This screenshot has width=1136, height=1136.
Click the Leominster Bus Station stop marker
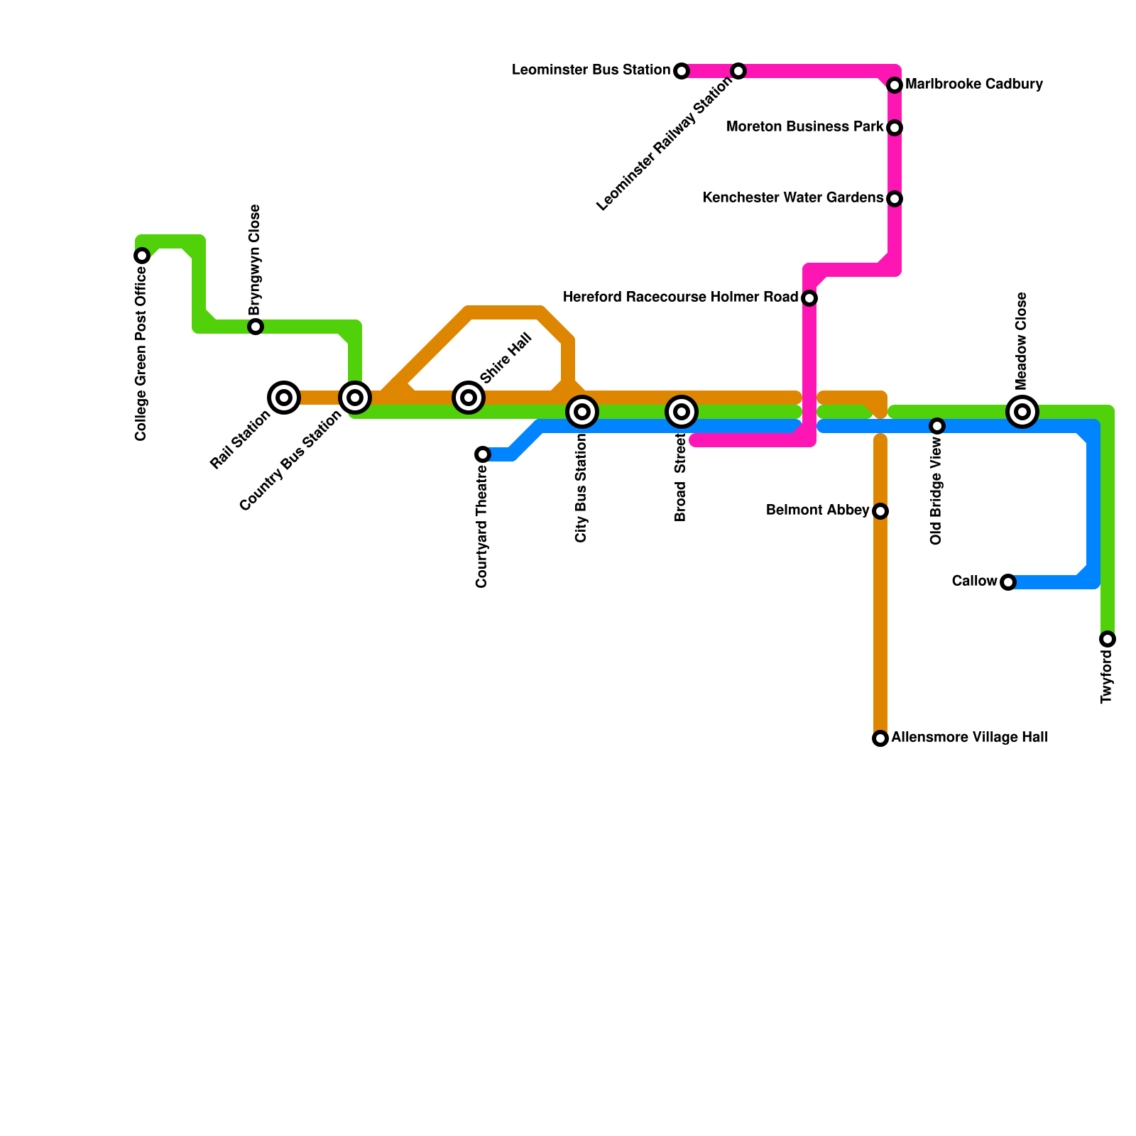click(682, 71)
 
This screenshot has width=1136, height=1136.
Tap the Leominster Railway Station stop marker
click(738, 71)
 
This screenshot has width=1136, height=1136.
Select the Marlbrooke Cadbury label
click(974, 84)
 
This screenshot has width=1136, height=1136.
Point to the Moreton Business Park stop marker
click(895, 128)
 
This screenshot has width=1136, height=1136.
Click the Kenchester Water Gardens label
click(792, 198)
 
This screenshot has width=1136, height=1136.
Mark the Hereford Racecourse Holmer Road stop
click(809, 298)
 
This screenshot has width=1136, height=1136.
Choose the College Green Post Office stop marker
click(142, 256)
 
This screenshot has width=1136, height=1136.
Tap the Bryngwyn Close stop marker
click(256, 327)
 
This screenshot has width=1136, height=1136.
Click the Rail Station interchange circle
click(284, 398)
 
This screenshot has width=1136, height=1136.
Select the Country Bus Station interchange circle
click(355, 398)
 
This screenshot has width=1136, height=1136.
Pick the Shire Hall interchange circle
click(469, 398)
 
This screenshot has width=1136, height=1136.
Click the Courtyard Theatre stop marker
click(483, 454)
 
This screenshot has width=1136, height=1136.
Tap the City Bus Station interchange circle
click(582, 412)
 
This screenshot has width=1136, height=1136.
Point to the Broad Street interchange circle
click(682, 412)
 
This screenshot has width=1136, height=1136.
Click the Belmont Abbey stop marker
click(880, 511)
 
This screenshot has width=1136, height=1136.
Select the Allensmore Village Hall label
click(969, 738)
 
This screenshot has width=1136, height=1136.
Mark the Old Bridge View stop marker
click(937, 426)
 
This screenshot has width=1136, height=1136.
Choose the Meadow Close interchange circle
click(1022, 412)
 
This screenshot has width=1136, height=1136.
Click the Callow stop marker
click(1008, 582)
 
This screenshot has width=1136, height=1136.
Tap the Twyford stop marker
click(1108, 639)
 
